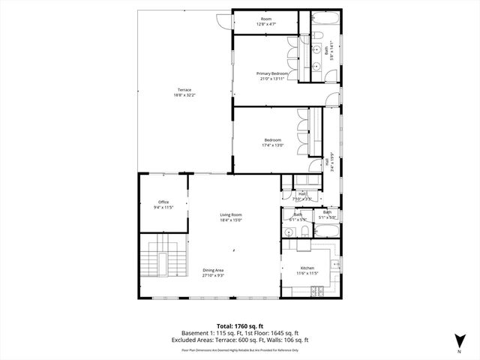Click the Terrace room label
(x=184, y=90)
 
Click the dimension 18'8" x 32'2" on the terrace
(x=184, y=95)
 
